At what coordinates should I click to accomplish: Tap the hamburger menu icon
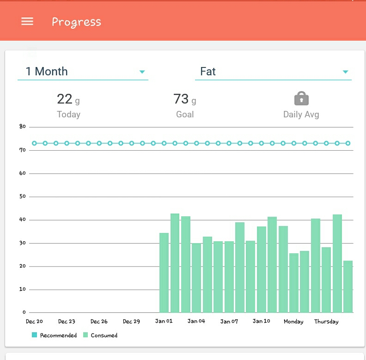(x=27, y=21)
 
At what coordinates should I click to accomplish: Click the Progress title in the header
(x=76, y=22)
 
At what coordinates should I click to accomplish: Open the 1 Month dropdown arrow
(x=142, y=72)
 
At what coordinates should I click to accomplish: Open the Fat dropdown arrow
(x=345, y=72)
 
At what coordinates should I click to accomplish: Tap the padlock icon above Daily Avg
(x=301, y=98)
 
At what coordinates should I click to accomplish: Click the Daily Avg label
(x=301, y=115)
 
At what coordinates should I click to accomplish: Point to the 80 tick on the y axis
(x=23, y=127)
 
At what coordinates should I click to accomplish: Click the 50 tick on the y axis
(x=23, y=196)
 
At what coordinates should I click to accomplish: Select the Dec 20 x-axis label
(x=34, y=321)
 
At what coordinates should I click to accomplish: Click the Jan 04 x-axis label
(x=196, y=321)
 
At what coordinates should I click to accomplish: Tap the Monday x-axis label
(x=293, y=322)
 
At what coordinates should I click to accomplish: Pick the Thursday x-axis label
(x=326, y=322)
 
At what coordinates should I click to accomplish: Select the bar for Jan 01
(x=164, y=273)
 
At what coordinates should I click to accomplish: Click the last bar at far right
(x=348, y=287)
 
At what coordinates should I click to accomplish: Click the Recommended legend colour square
(x=34, y=335)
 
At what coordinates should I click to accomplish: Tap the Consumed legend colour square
(x=85, y=335)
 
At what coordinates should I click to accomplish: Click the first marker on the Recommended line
(x=34, y=143)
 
